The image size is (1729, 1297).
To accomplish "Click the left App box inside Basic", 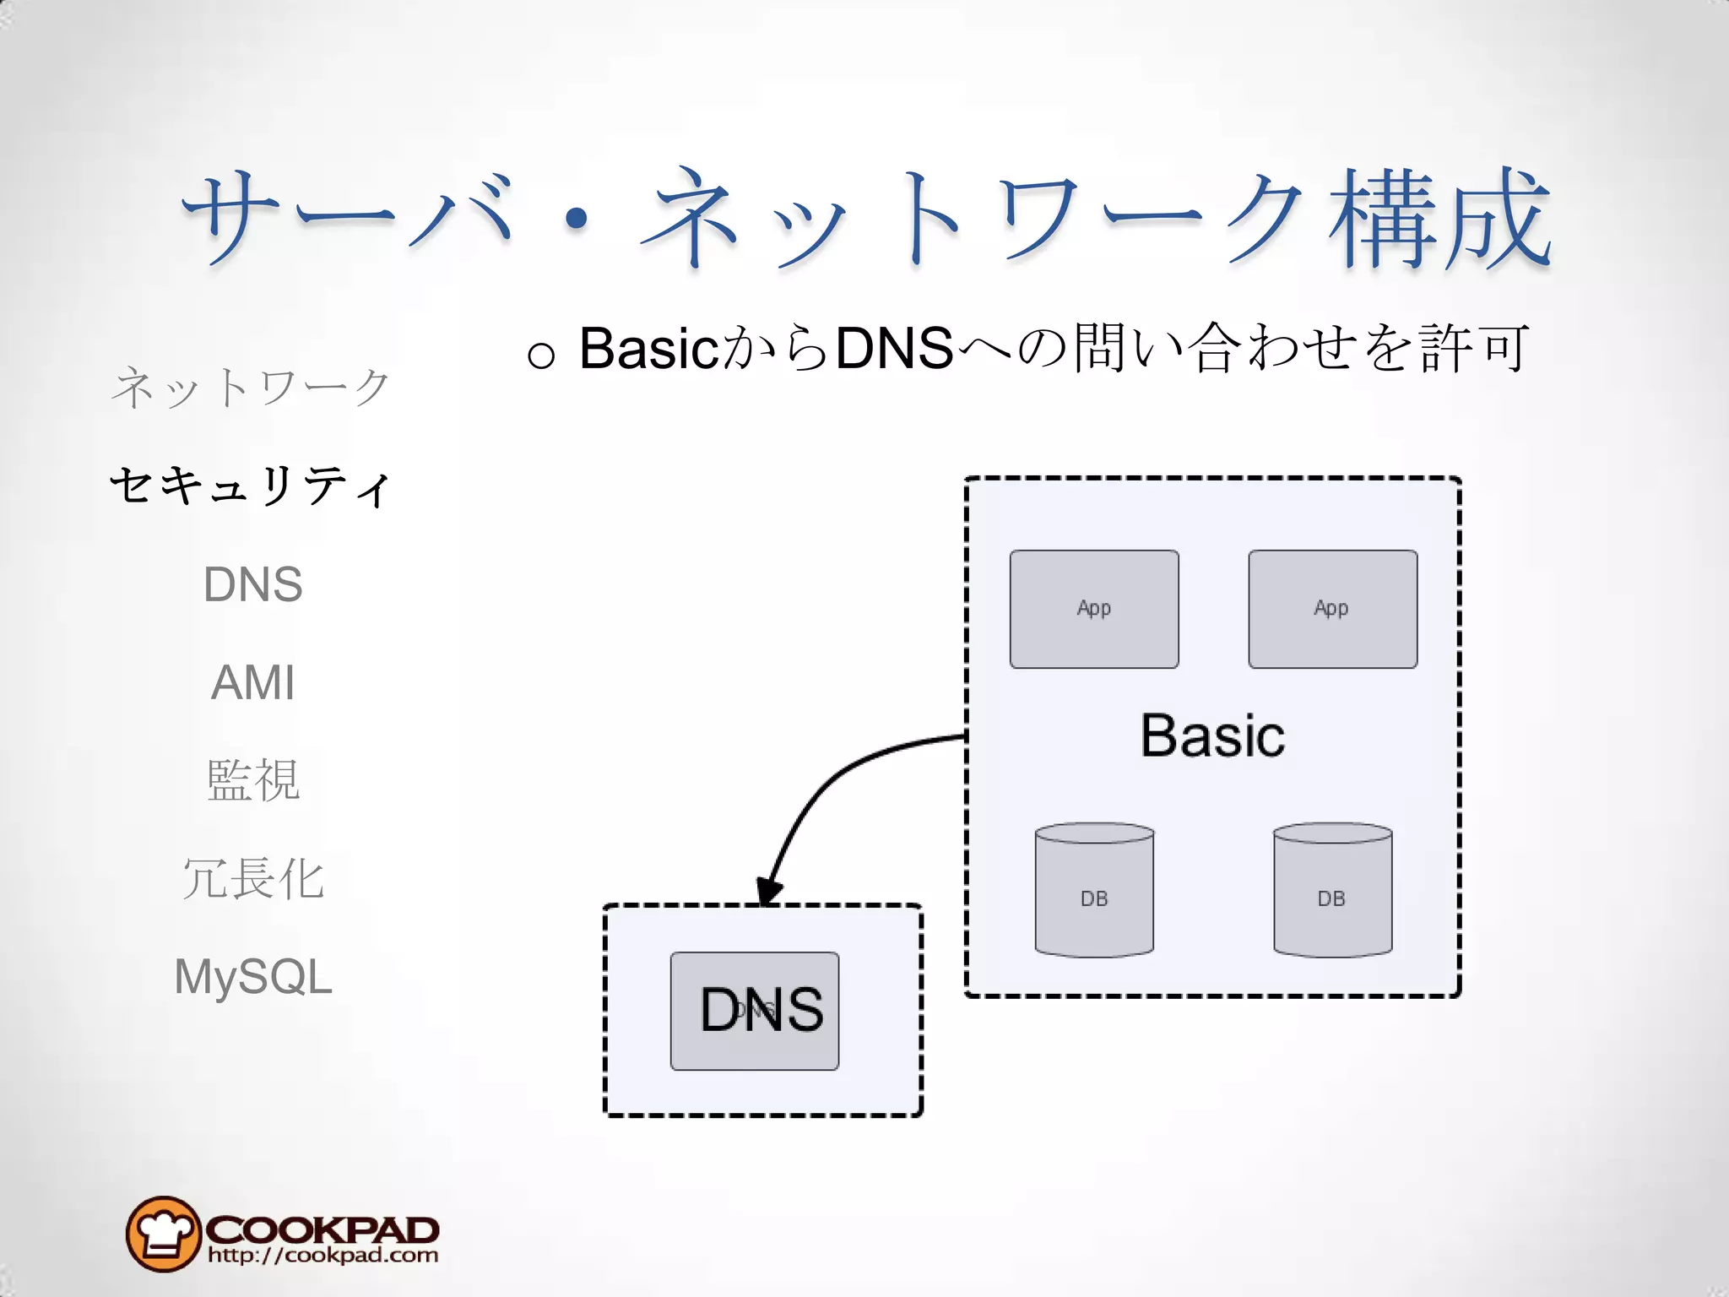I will point(1094,609).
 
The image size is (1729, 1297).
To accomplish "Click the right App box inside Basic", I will point(1332,609).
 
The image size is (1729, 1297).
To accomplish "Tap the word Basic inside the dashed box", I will point(1212,735).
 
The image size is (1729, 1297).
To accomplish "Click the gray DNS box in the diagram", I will point(755,1011).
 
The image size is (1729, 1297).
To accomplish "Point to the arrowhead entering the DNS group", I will point(768,892).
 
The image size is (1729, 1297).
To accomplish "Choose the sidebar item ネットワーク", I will point(251,388).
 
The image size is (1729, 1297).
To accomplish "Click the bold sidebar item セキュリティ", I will point(251,486).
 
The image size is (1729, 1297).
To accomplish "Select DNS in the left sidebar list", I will point(252,584).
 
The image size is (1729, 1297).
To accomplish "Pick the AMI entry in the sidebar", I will point(252,682).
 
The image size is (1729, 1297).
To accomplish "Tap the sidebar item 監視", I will point(252,780).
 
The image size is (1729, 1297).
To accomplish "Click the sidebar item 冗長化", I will point(252,878).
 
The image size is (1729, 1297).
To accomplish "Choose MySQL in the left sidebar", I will point(252,977).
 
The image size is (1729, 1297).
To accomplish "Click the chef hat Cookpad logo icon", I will point(163,1234).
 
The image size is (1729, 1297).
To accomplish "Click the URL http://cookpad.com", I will point(322,1256).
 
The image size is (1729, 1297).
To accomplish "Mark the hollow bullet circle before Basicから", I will point(540,354).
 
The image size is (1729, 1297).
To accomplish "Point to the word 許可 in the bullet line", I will point(1472,348).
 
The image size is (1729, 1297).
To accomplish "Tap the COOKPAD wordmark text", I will point(322,1229).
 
